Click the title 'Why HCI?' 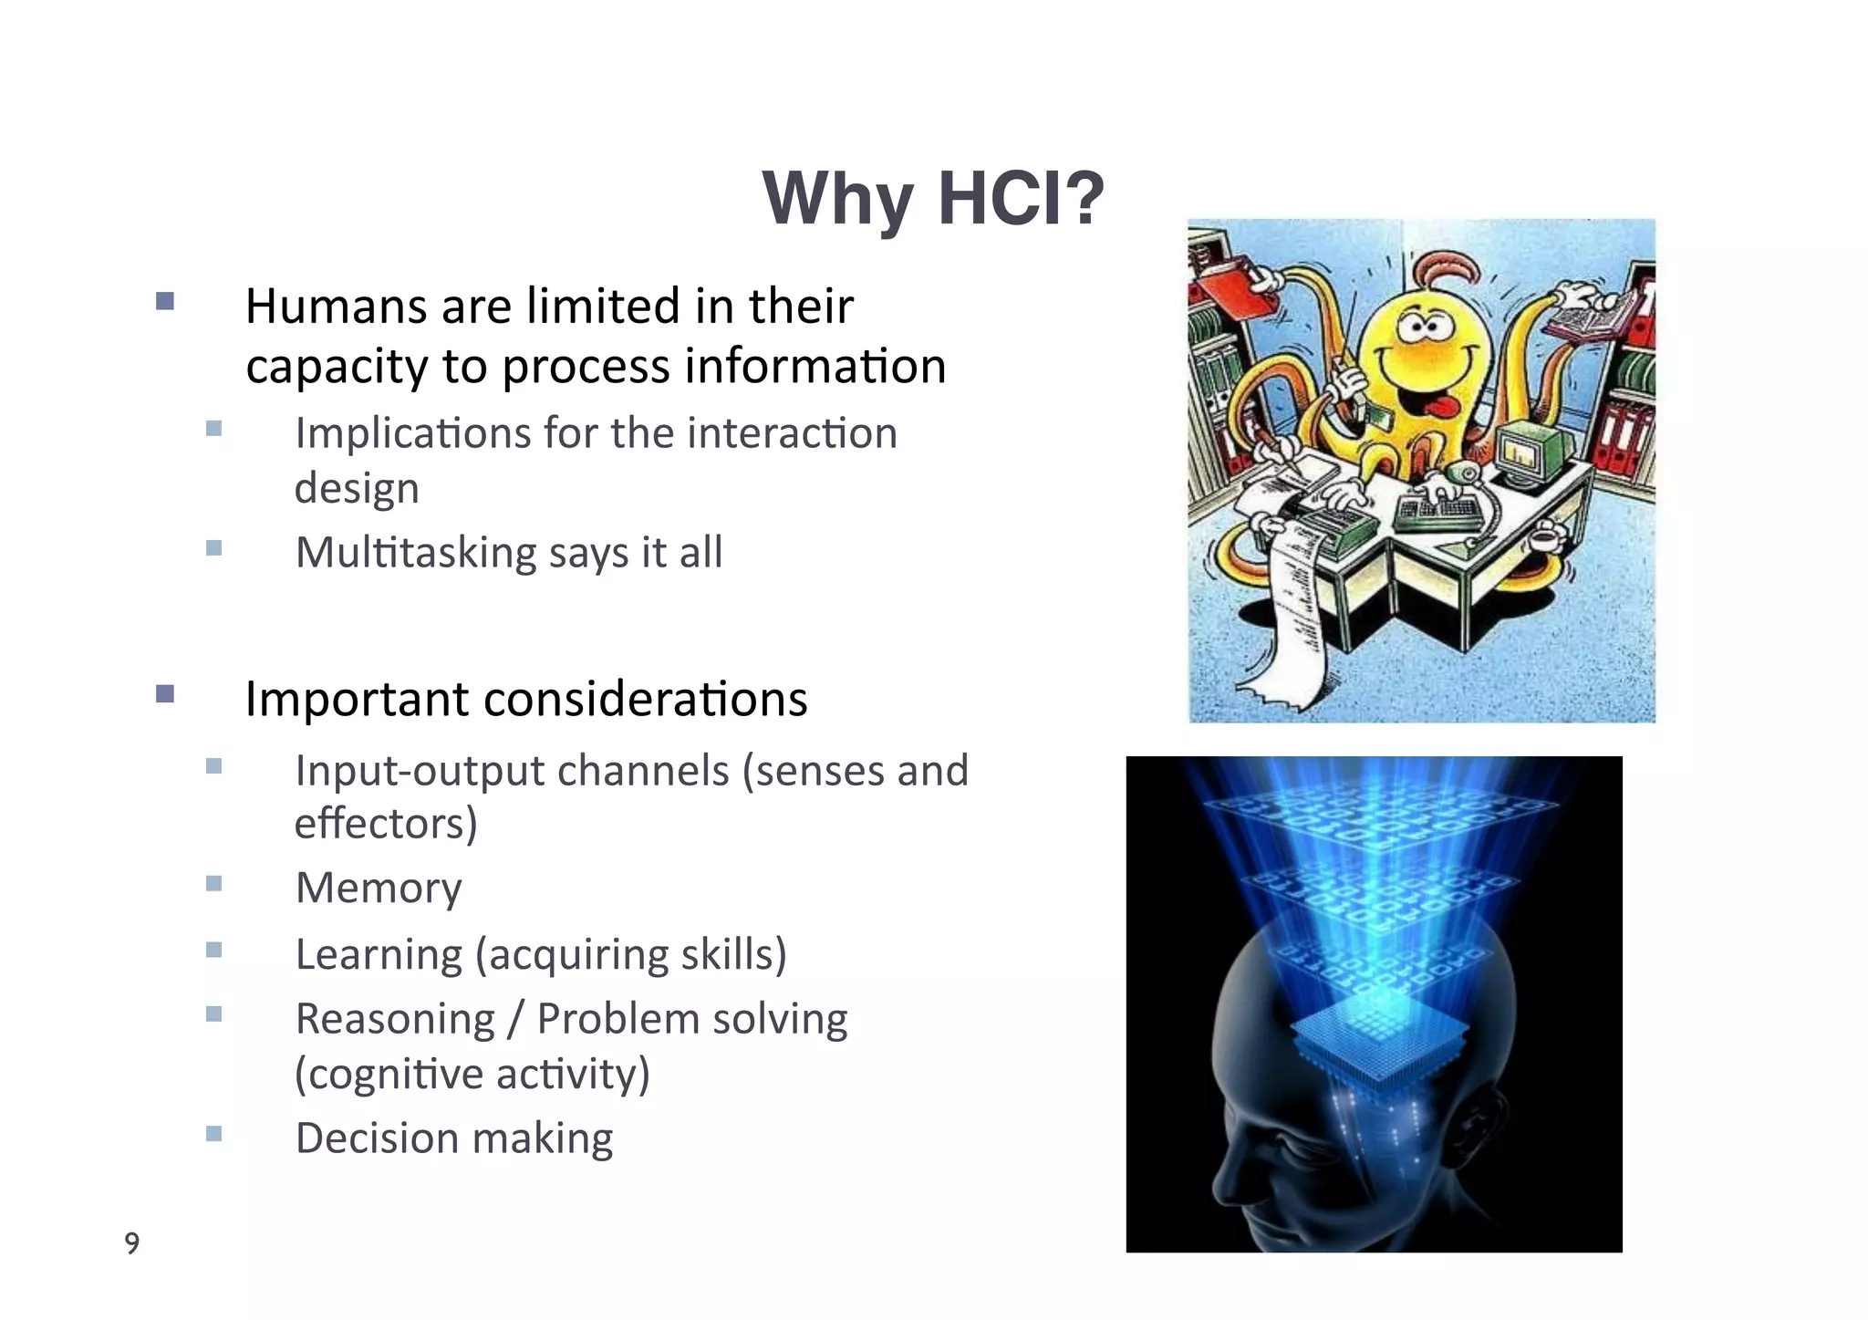click(932, 199)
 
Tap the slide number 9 click(132, 1243)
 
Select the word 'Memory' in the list click(379, 888)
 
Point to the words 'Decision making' click(454, 1138)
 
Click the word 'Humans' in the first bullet click(335, 307)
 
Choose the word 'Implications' click(412, 433)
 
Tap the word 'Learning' click(379, 955)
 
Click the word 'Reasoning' click(395, 1019)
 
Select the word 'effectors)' click(386, 824)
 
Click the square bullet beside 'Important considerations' click(165, 694)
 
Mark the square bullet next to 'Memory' click(214, 883)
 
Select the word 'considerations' click(645, 700)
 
